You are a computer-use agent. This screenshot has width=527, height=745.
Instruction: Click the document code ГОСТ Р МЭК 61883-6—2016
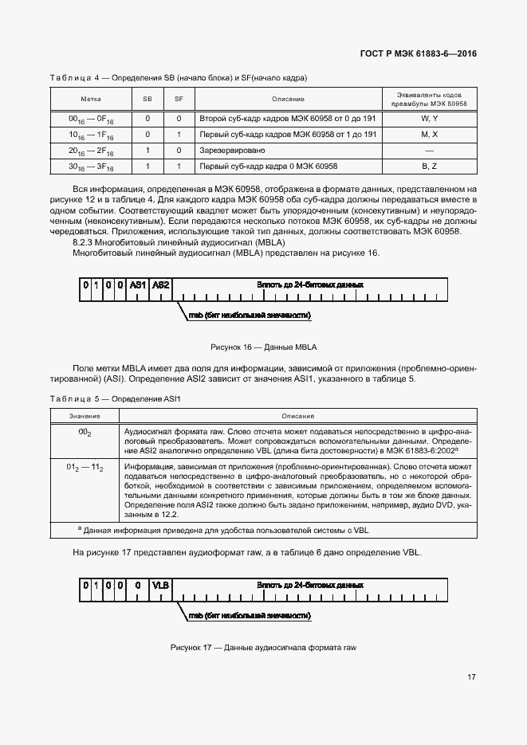[x=419, y=54]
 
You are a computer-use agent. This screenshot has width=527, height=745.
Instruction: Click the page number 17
[x=471, y=677]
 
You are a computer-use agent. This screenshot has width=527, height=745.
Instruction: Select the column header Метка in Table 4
[x=91, y=100]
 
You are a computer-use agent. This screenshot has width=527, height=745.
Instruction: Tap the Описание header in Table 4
[x=288, y=100]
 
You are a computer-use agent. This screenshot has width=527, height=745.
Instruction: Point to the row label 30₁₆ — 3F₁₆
[x=91, y=167]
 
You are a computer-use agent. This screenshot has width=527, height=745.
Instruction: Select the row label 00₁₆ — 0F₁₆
[x=91, y=119]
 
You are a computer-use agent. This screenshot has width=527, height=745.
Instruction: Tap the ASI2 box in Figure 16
[x=161, y=284]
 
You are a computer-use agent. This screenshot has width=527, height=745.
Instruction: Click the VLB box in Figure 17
[x=161, y=586]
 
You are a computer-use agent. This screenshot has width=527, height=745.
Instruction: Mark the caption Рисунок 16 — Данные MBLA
[x=263, y=347]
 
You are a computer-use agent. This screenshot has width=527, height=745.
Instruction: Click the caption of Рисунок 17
[x=263, y=647]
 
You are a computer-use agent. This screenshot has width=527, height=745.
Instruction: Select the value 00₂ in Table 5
[x=85, y=431]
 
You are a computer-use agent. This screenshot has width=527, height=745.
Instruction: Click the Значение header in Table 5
[x=85, y=416]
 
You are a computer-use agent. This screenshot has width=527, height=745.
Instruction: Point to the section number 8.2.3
[x=85, y=241]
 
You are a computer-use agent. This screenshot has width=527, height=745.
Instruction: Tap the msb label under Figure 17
[x=249, y=616]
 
